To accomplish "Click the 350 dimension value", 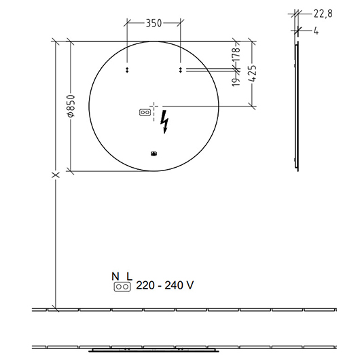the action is coord(154,23).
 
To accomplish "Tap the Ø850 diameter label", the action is coord(71,106).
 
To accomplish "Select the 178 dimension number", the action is coord(236,54).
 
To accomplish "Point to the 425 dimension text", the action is coord(252,73).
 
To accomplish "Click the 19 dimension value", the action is coord(236,82).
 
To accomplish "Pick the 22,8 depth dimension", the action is coord(323,14).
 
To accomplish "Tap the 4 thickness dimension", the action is coord(316,31).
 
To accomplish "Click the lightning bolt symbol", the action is coord(164,122).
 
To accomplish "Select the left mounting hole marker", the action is coord(127,70).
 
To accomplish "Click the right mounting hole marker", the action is coord(181,70).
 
